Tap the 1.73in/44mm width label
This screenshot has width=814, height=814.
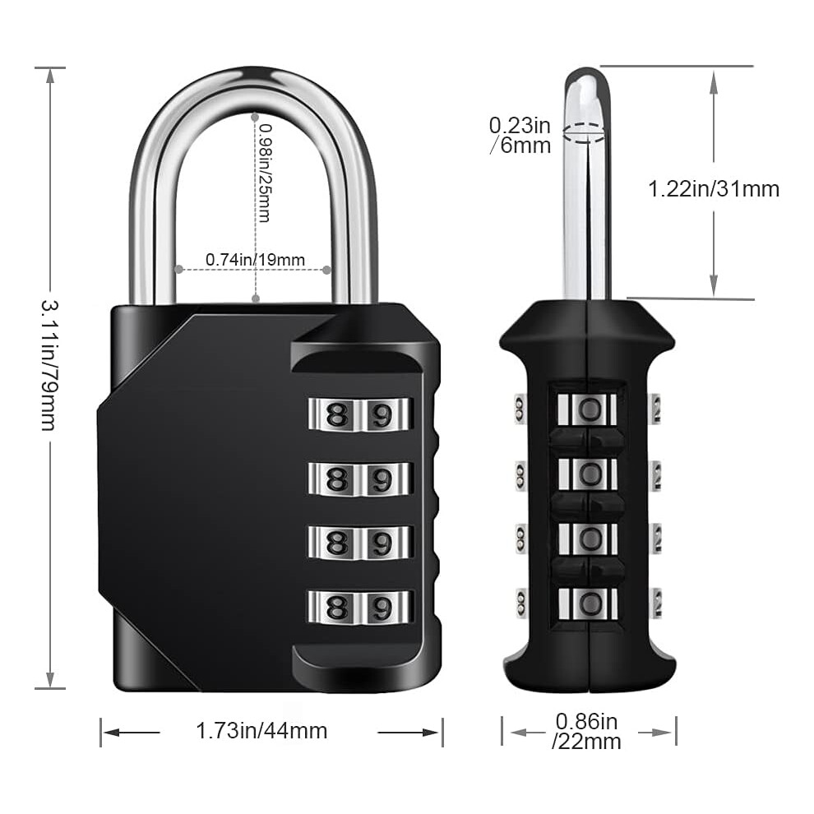pos(261,731)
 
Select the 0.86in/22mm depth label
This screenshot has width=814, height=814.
pos(586,732)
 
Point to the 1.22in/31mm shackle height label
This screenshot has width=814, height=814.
pos(714,189)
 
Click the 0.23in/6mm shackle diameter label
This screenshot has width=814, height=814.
pos(520,136)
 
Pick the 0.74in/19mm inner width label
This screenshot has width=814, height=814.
pos(255,260)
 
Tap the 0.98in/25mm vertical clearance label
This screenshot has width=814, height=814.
pos(264,173)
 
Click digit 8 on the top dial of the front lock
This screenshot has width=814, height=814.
pos(336,414)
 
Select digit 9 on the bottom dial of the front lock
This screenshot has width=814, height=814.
pos(382,608)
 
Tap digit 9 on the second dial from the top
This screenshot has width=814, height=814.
pos(382,479)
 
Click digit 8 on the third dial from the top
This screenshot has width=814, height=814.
pos(336,543)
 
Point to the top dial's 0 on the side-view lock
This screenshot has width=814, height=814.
pos(590,410)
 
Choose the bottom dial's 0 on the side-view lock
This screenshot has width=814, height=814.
pos(590,604)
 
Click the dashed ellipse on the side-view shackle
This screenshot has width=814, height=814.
pos(584,132)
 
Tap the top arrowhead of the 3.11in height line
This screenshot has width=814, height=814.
pos(50,76)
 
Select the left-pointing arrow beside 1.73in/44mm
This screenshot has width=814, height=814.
pos(132,733)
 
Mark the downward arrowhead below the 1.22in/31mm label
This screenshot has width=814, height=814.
pos(715,286)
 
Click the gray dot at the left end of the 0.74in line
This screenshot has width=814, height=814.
pos(179,270)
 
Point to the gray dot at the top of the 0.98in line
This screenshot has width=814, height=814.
pos(255,118)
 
